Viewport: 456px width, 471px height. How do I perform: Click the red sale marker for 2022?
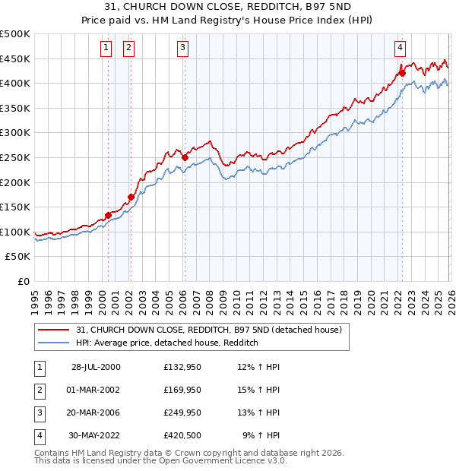(402, 74)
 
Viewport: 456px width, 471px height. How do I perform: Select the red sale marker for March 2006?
(185, 157)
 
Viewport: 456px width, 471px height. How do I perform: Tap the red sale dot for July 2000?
(108, 215)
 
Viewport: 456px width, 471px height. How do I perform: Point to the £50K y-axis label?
(17, 257)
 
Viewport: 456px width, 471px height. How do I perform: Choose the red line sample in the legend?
(55, 330)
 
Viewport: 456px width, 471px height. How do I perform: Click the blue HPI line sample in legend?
(55, 343)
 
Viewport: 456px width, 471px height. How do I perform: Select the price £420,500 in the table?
(182, 436)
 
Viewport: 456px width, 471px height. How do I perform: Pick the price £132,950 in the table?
(182, 367)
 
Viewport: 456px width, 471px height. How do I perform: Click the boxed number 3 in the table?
(38, 413)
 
